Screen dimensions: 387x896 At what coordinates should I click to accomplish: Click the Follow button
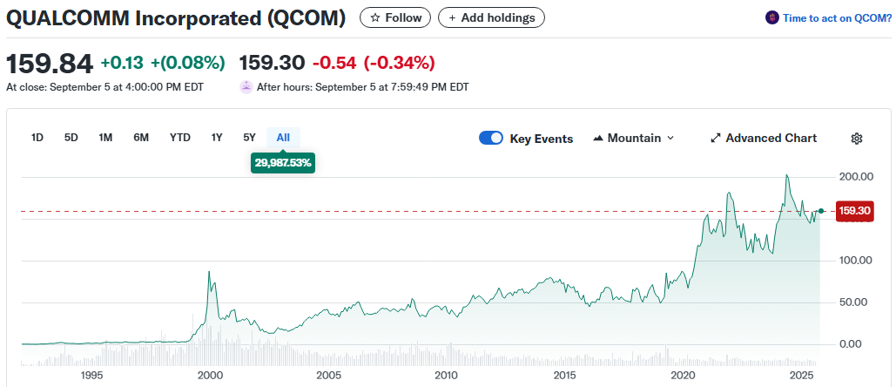pos(396,17)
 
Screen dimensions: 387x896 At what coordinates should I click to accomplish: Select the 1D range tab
pos(37,137)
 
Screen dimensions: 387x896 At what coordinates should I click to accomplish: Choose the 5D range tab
pos(71,137)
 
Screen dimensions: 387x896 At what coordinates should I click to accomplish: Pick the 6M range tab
pos(141,137)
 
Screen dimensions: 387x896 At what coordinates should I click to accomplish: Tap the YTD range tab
pos(180,137)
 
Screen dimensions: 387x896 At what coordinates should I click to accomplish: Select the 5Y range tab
pos(250,137)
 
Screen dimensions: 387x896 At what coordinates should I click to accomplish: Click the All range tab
pos(283,137)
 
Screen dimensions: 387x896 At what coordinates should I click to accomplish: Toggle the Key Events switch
pos(491,138)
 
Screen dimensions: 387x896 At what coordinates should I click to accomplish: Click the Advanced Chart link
pos(764,138)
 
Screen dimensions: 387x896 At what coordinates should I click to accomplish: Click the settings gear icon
pos(857,138)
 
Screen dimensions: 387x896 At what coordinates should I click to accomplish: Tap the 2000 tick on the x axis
pos(210,375)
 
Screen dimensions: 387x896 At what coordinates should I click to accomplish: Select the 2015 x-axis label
pos(565,375)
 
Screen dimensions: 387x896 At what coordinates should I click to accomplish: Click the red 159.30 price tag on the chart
pos(853,211)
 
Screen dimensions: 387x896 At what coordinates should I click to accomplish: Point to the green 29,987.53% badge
pos(284,162)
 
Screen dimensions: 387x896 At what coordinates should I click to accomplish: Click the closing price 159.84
pos(50,64)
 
